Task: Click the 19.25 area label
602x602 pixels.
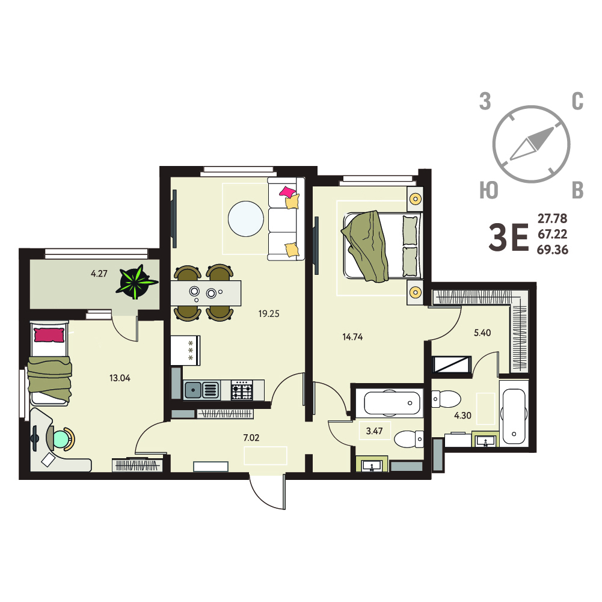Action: click(269, 314)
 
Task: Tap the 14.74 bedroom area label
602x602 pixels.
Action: click(352, 337)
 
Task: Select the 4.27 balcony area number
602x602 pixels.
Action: click(99, 274)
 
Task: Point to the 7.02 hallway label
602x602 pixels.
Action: click(251, 437)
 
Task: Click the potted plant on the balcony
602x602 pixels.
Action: click(137, 282)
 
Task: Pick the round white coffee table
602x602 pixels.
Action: click(246, 219)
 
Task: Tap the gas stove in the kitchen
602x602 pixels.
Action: click(242, 390)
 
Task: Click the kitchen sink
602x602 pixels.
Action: click(201, 390)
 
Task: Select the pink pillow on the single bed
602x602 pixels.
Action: click(49, 335)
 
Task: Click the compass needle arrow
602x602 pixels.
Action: click(532, 143)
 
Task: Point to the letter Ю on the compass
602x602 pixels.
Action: click(489, 190)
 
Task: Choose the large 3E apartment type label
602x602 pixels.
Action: click(509, 238)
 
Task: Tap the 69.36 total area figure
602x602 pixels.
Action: click(553, 250)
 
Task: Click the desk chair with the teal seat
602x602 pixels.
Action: click(61, 439)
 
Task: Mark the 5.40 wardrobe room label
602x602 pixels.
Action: click(482, 333)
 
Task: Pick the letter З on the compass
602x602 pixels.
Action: click(485, 102)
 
